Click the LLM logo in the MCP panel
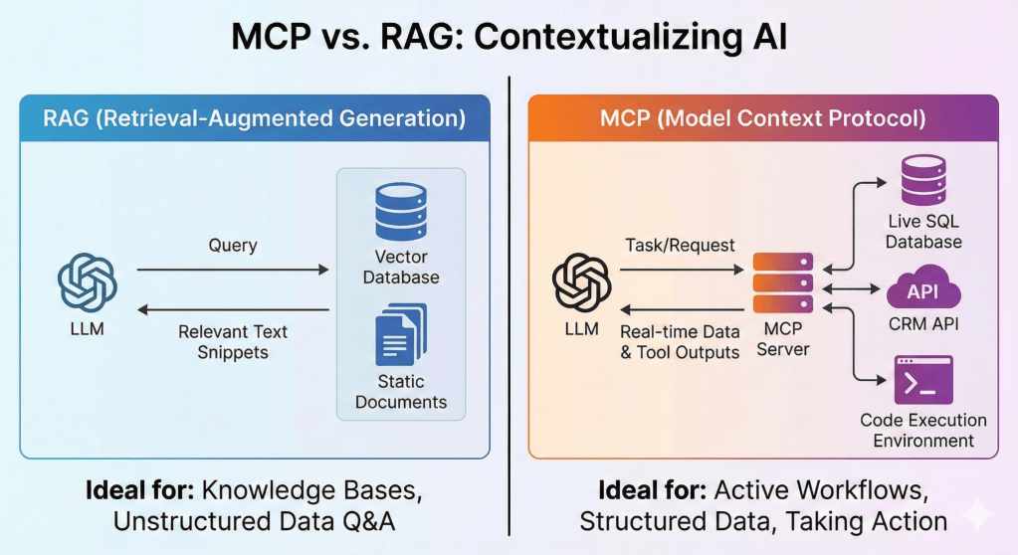pos(581,282)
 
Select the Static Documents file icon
pos(400,335)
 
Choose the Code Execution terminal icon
pos(922,380)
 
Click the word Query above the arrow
pos(233,245)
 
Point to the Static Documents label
pos(401,392)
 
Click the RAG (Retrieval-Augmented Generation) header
pos(255,120)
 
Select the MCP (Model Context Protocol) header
pos(762,120)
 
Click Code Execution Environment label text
pos(923,430)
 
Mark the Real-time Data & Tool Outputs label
pos(680,342)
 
